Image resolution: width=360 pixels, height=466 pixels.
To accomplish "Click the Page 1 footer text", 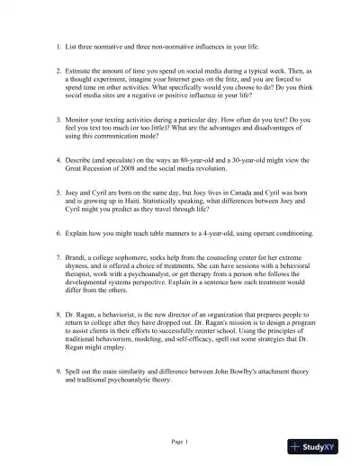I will (x=180, y=442).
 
